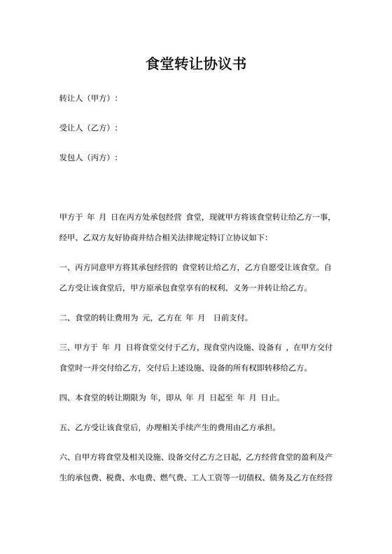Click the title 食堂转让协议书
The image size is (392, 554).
196,64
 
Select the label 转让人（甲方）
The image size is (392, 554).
87,99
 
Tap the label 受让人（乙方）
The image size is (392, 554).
87,128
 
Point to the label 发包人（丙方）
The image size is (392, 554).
87,157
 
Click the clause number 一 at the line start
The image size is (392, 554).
63,267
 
